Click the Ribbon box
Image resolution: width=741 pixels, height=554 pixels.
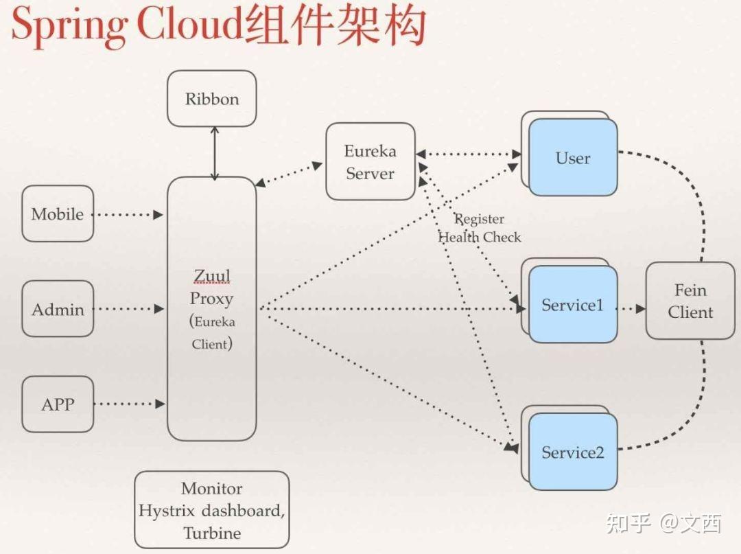tap(212, 99)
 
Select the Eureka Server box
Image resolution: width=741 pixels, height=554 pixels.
tap(370, 162)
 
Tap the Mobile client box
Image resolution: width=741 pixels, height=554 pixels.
tap(58, 213)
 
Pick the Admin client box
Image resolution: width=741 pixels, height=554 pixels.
tap(58, 309)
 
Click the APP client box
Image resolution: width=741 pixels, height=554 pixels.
tap(58, 404)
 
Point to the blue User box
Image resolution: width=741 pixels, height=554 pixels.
tap(573, 158)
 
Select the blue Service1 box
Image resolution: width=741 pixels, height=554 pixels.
tap(573, 305)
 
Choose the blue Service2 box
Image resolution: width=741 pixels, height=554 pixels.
tap(573, 452)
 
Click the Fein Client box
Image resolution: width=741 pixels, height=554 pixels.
tap(690, 301)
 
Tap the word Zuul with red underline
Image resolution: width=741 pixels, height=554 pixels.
tap(212, 276)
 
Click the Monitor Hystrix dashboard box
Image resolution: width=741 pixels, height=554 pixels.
tap(212, 510)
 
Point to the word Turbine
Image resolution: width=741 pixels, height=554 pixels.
tap(212, 533)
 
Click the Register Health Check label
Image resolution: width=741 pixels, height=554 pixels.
tap(480, 228)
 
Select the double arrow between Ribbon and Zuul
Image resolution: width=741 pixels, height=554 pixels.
tap(215, 152)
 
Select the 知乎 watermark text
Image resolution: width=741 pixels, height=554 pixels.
tap(628, 524)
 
